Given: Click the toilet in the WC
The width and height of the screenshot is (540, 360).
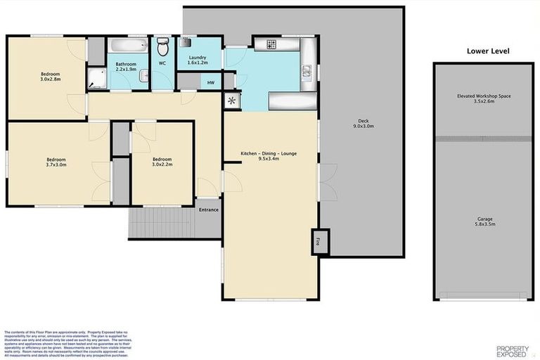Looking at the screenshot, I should [162, 47].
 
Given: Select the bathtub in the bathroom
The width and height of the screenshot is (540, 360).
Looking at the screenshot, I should [129, 47].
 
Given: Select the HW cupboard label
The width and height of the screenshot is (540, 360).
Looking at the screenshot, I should [210, 82].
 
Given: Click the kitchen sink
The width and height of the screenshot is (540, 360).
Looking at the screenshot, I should [307, 70].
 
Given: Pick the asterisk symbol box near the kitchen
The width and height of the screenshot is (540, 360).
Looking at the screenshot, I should [231, 101].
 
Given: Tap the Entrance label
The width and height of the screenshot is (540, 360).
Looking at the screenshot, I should [208, 210].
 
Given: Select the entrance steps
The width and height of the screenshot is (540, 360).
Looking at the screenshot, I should [162, 223].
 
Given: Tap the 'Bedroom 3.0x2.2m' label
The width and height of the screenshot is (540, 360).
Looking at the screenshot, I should [162, 162].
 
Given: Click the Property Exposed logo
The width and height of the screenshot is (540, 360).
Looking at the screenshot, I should [512, 350].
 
